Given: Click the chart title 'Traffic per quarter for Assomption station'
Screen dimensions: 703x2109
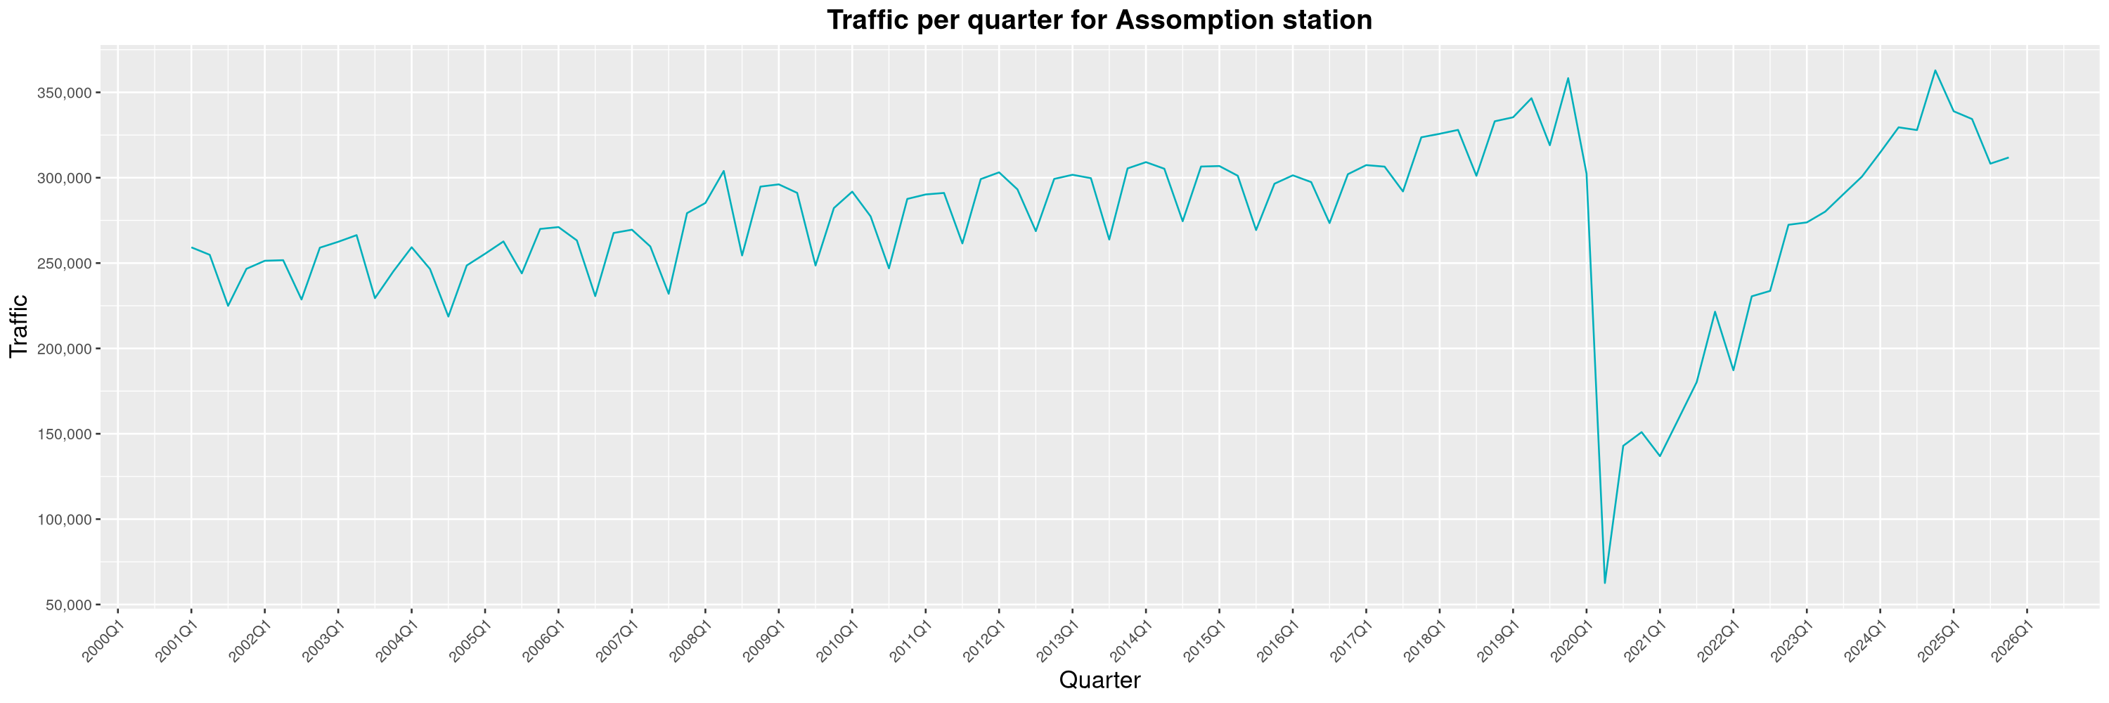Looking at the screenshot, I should pos(1099,20).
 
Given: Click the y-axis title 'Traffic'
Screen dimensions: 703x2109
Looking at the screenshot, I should pos(19,325).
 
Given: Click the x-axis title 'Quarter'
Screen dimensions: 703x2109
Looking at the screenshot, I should pos(1099,680).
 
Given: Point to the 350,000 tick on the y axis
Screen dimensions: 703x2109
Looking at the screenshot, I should pos(66,93).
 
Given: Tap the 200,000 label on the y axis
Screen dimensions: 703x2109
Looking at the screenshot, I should pos(66,349).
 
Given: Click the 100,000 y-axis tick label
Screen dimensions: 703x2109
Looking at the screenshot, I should pos(66,520).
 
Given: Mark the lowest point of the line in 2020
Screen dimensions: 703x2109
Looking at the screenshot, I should pos(1605,583).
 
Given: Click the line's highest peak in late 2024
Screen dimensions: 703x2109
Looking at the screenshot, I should pos(1935,70).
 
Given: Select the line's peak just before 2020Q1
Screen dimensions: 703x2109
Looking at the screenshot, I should pos(1568,79).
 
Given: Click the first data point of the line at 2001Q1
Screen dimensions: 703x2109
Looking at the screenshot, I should pos(192,247).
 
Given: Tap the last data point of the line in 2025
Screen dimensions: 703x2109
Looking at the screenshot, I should pos(2008,157).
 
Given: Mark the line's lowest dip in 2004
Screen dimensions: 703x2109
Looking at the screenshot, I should pos(448,317).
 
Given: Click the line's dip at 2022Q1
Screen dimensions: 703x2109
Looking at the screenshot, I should pos(1733,370).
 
